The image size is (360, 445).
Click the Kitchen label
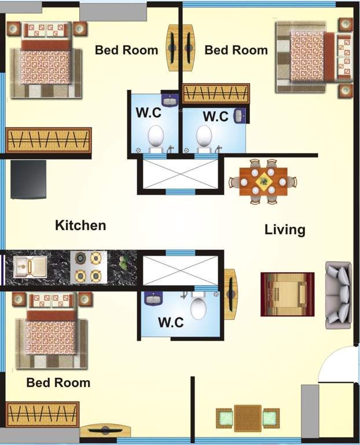(80, 225)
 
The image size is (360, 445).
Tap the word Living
(285, 229)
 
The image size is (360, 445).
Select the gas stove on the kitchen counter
(89, 267)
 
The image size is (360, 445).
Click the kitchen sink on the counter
(30, 267)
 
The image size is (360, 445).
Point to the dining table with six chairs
(263, 181)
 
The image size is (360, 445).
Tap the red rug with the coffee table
(287, 294)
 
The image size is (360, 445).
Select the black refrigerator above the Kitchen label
(28, 179)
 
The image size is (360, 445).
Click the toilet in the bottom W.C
(198, 308)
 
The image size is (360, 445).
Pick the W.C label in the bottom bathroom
(171, 322)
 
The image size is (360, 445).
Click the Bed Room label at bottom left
(58, 382)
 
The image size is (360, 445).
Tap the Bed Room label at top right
(236, 50)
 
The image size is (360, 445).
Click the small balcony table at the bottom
(248, 417)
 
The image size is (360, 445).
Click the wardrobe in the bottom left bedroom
(42, 414)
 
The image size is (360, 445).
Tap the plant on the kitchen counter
(123, 263)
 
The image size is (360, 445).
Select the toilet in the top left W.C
(156, 137)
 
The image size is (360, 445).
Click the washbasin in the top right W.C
(240, 116)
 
